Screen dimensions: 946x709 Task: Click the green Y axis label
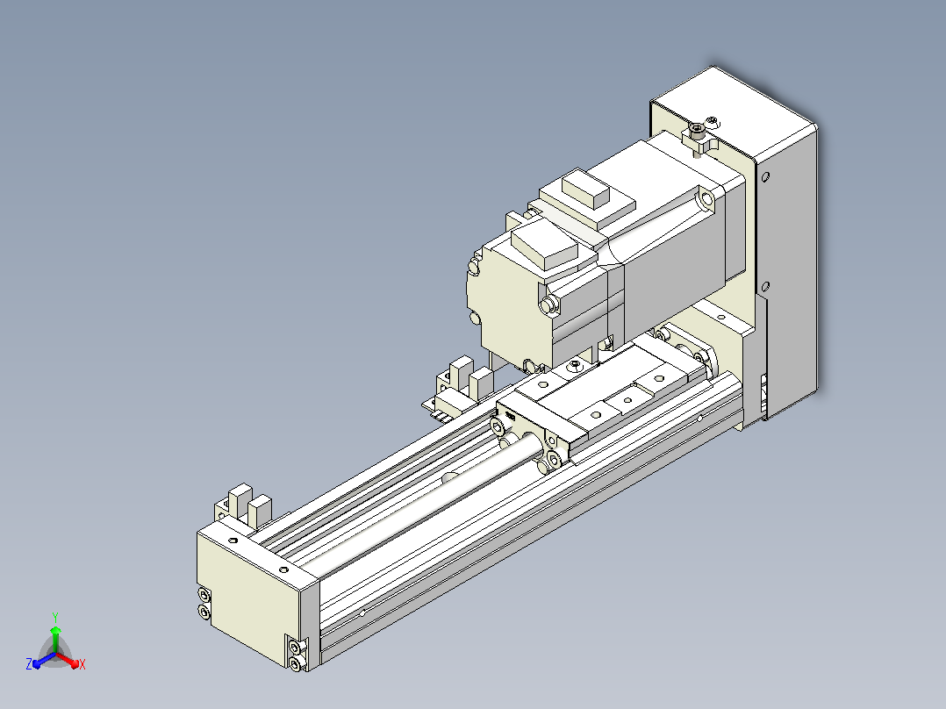click(x=55, y=617)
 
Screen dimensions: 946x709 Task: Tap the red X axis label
click(x=82, y=664)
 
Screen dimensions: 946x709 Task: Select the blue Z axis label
click(x=29, y=664)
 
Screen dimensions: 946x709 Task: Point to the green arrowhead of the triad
click(x=55, y=630)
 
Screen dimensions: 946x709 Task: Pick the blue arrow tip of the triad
click(x=36, y=663)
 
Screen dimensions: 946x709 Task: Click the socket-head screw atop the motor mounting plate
click(x=698, y=129)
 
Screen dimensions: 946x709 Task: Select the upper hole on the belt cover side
click(x=765, y=177)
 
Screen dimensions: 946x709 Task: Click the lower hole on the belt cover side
click(x=765, y=286)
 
